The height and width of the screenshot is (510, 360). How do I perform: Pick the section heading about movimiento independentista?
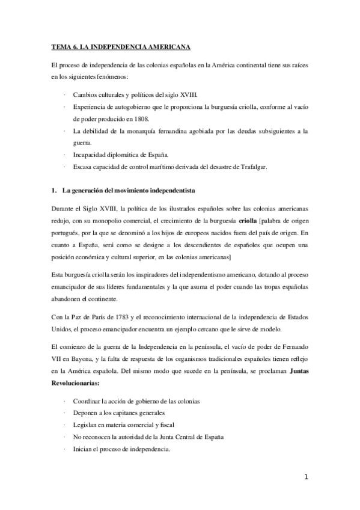129,191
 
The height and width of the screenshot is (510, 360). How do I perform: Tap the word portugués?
66,232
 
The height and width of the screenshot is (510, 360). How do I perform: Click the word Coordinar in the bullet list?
88,401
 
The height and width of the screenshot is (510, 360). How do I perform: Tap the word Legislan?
86,425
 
